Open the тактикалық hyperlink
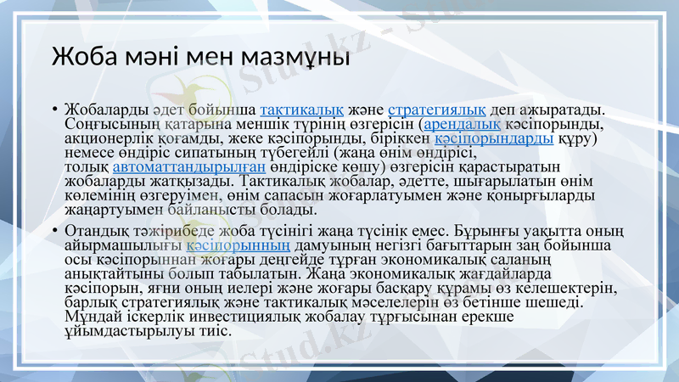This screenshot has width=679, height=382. [301, 110]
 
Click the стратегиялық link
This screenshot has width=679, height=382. [437, 110]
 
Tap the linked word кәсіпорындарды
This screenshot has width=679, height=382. [494, 138]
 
